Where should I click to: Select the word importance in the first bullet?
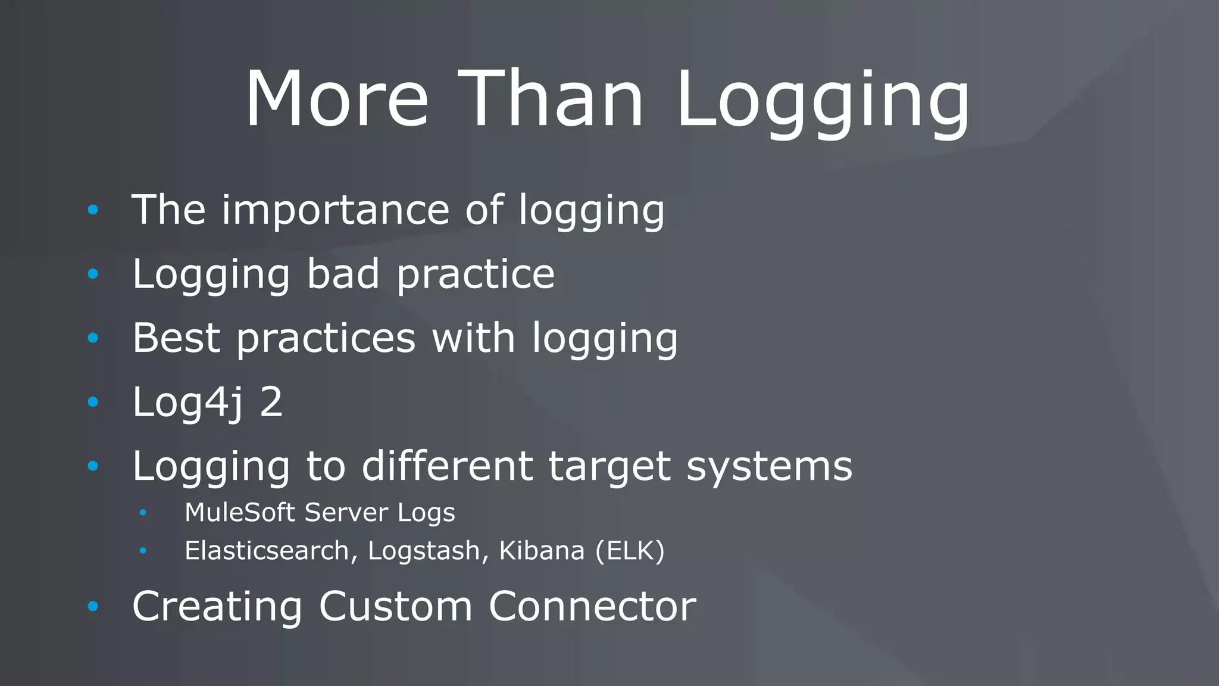coord(335,211)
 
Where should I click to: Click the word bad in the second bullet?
coord(343,274)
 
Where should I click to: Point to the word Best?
coord(176,338)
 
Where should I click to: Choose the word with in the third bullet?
coord(473,338)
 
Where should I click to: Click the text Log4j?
coord(187,403)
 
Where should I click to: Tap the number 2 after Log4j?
coord(271,402)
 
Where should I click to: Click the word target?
coord(609,467)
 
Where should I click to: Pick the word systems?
coord(769,467)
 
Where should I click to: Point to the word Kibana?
coord(542,550)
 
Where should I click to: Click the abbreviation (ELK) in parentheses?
coord(630,551)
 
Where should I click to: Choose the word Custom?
coord(396,606)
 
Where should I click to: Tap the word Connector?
coord(592,606)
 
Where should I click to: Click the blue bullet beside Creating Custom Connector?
coord(93,607)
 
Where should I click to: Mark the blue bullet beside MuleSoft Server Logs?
coord(143,513)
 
